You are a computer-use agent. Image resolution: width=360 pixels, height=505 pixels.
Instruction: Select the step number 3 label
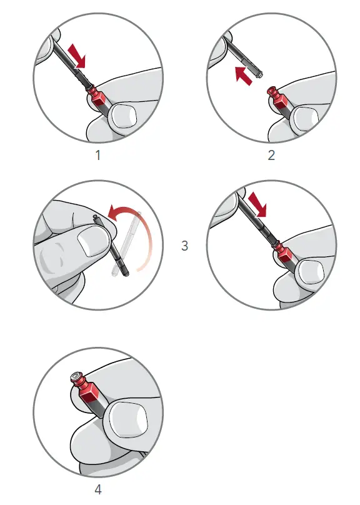[x=184, y=246]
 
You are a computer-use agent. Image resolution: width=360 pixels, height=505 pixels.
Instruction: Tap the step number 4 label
[x=97, y=489]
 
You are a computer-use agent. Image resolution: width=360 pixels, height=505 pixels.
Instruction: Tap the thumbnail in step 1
[x=124, y=115]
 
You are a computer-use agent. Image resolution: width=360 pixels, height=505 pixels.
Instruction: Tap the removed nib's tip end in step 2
[x=257, y=76]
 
